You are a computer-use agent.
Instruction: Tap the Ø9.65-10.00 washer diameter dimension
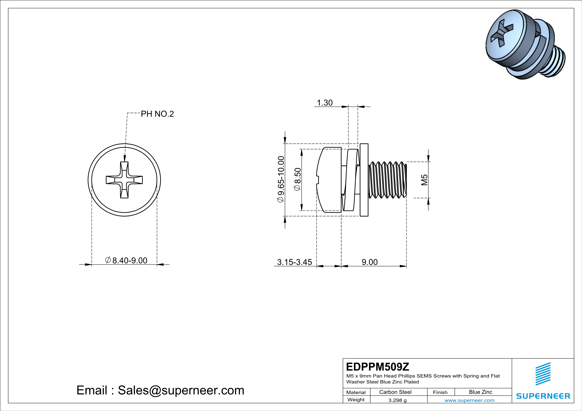click(x=281, y=179)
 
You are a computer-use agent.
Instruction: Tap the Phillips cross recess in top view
click(x=124, y=180)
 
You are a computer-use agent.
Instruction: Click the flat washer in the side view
click(x=364, y=180)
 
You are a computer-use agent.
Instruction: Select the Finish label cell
click(x=440, y=392)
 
